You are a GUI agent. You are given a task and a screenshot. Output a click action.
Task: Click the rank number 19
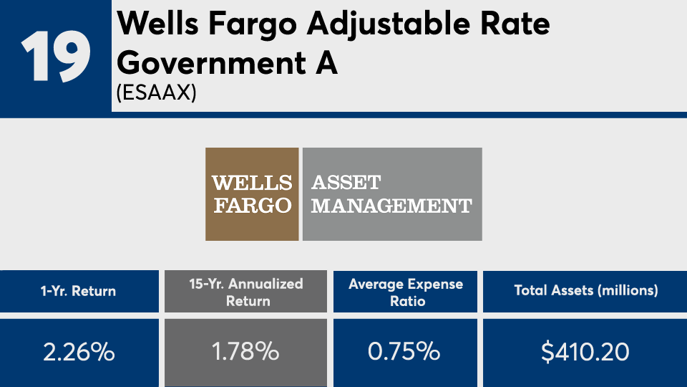tap(56, 56)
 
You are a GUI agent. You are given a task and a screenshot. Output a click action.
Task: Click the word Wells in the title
tap(157, 23)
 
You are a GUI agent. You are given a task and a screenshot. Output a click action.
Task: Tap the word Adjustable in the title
tap(388, 24)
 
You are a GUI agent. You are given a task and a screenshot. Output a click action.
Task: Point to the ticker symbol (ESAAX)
tap(157, 92)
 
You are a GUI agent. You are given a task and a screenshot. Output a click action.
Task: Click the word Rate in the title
tap(515, 23)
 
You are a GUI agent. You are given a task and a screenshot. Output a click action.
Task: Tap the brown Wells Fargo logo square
tap(252, 194)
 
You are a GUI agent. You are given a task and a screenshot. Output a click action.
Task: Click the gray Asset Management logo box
tap(392, 194)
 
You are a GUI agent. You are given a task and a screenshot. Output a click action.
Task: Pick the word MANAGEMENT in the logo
tap(391, 206)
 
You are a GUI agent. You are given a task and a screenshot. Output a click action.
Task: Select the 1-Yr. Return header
tap(79, 291)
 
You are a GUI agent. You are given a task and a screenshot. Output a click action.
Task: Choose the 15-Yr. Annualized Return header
tap(246, 292)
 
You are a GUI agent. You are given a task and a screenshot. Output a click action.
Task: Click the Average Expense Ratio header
tap(406, 292)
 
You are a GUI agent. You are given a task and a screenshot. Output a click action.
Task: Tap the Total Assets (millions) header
tap(586, 290)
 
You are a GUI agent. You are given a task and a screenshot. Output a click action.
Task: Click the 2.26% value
tap(79, 351)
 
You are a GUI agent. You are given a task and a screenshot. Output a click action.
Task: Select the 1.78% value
tap(245, 351)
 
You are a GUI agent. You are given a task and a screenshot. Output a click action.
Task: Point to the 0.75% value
tap(404, 351)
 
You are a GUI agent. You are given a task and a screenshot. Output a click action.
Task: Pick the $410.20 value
tap(585, 352)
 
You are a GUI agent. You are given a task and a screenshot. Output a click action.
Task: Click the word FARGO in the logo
tap(253, 206)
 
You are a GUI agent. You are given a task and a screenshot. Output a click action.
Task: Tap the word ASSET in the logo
tap(346, 183)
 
